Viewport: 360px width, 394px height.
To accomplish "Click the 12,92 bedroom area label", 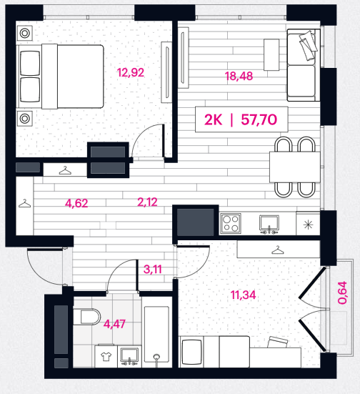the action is point(131,73).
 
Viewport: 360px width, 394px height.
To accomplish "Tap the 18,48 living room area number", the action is point(239,76).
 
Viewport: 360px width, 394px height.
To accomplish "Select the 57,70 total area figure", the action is point(259,119).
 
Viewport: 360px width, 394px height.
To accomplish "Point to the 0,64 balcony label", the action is point(342,292).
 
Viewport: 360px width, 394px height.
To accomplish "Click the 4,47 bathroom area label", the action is point(114,324).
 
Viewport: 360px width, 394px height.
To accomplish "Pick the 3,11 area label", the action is point(153,270).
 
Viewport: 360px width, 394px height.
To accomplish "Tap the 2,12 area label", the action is point(147,202).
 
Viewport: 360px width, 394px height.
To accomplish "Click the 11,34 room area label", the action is point(243,295).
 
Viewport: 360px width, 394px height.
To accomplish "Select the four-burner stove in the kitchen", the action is point(231,223).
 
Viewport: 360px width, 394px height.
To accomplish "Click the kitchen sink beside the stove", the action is point(269,225).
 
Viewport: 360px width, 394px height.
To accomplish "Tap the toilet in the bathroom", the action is point(87,317).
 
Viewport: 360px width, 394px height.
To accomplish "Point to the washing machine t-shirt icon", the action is point(106,356).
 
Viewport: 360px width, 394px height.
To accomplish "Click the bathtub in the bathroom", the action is point(156,334).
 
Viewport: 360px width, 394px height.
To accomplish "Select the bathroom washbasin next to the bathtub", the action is point(129,356).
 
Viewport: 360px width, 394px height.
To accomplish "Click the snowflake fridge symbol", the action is point(309,225).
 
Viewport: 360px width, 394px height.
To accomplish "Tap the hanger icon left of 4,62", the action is point(25,203).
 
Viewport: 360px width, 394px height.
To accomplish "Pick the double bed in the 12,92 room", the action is point(60,77).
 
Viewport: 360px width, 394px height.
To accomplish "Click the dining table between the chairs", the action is point(295,167).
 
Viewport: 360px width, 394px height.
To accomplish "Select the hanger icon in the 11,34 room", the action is point(278,250).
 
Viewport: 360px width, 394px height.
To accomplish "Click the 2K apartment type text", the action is point(213,119).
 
